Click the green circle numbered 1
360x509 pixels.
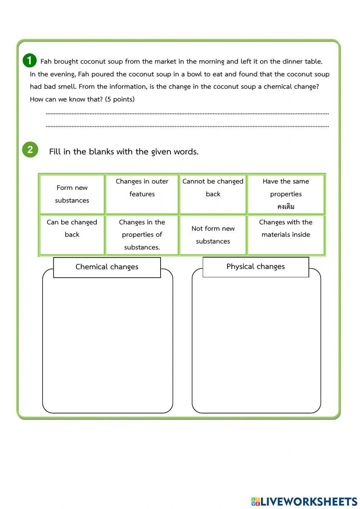(30, 61)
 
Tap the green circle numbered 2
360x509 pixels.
(30, 149)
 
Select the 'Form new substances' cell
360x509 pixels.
(72, 194)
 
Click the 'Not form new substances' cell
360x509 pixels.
(213, 235)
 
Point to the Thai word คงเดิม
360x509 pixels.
(286, 207)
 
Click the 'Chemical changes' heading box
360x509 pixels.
(107, 267)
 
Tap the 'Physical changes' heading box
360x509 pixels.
(256, 267)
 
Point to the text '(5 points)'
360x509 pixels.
(120, 99)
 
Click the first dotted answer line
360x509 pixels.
(187, 113)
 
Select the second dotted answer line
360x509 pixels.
(187, 126)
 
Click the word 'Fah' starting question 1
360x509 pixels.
(46, 62)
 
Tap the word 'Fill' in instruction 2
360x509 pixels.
(55, 152)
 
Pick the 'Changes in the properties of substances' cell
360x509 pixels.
(142, 235)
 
